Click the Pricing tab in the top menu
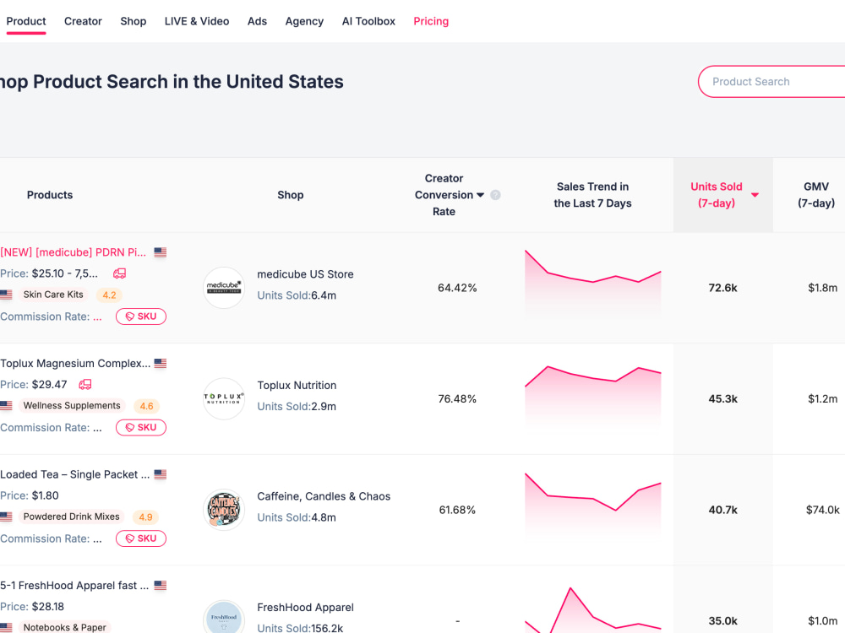pos(431,21)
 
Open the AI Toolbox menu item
pos(368,21)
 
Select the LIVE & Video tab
pos(197,21)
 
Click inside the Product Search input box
pos(771,81)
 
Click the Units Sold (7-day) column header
pos(717,195)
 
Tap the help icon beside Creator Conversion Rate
pos(495,195)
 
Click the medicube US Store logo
pos(224,288)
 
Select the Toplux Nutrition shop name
pos(297,386)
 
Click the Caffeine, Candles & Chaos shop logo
pos(224,509)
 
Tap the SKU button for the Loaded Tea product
pos(141,538)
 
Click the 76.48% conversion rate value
pos(457,399)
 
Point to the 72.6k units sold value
pos(722,288)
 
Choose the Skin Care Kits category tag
pos(53,295)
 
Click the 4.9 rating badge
pos(145,517)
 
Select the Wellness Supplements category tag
pos(72,405)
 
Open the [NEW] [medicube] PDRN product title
pos(73,252)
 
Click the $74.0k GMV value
pos(822,510)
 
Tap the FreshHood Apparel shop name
pos(306,607)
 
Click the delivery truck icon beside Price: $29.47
pos(85,384)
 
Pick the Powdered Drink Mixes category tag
pos(71,517)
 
